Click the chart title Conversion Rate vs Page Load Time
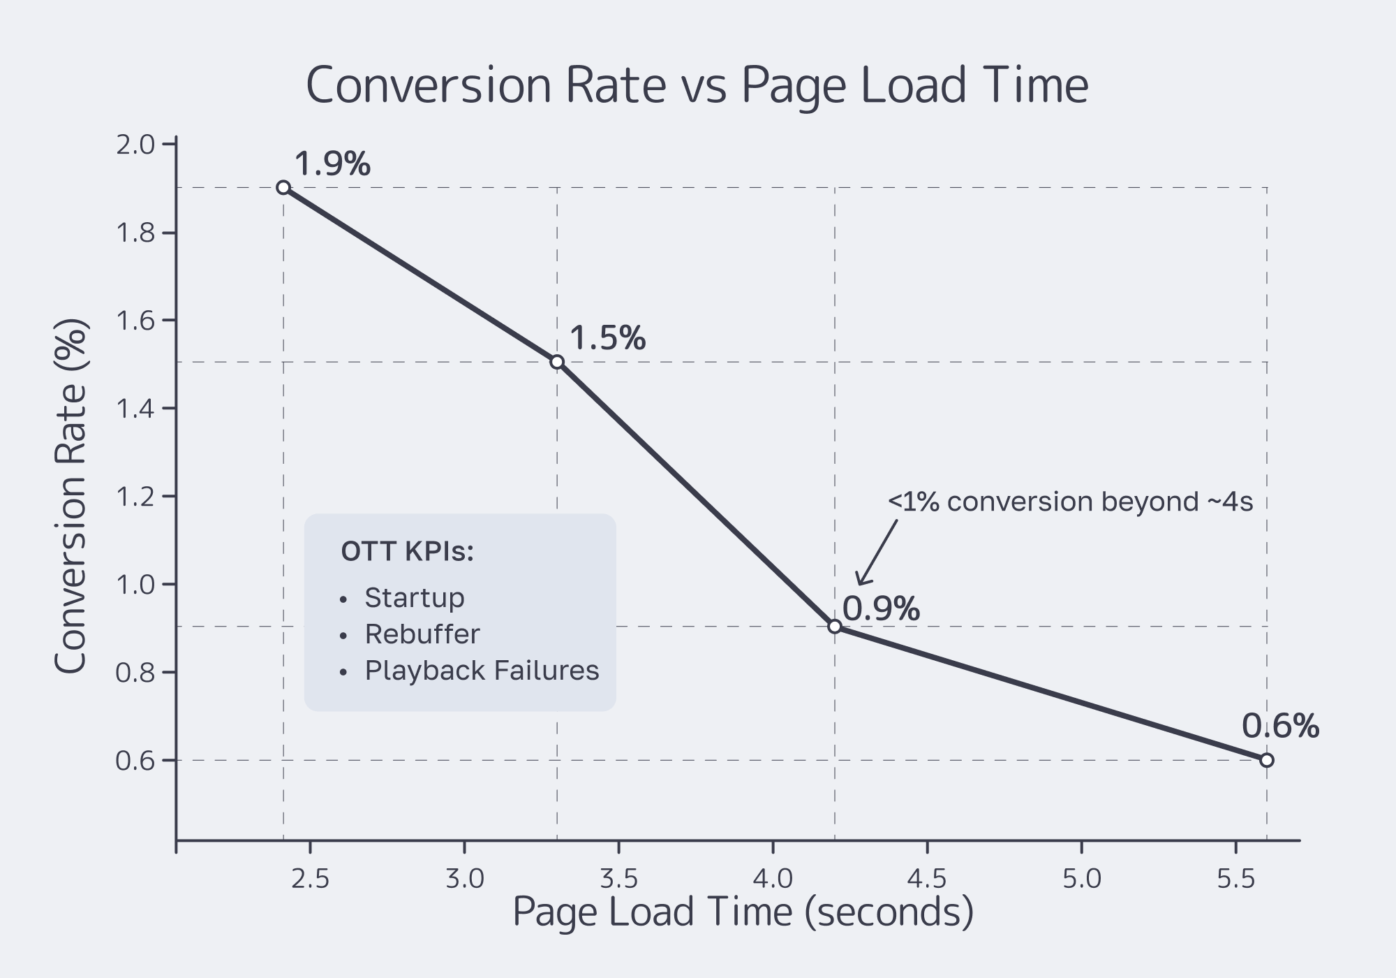pyautogui.click(x=697, y=85)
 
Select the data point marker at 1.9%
pyautogui.click(x=283, y=187)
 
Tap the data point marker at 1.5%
pyautogui.click(x=557, y=362)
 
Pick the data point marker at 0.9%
pyautogui.click(x=835, y=627)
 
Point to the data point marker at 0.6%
pyautogui.click(x=1267, y=760)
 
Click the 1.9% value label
pyautogui.click(x=332, y=164)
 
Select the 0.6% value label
pyautogui.click(x=1280, y=727)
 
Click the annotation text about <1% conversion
pyautogui.click(x=1070, y=502)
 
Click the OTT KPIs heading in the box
pyautogui.click(x=407, y=552)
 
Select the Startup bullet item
pyautogui.click(x=414, y=598)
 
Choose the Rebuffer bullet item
pyautogui.click(x=422, y=634)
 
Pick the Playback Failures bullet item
pyautogui.click(x=482, y=671)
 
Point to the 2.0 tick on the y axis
pyautogui.click(x=135, y=145)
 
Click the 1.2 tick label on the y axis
pyautogui.click(x=135, y=497)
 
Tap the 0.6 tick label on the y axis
pyautogui.click(x=135, y=761)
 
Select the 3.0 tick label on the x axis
pyautogui.click(x=465, y=879)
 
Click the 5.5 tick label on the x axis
pyautogui.click(x=1236, y=879)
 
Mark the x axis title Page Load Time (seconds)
pyautogui.click(x=743, y=912)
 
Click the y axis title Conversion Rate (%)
pyautogui.click(x=71, y=496)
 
